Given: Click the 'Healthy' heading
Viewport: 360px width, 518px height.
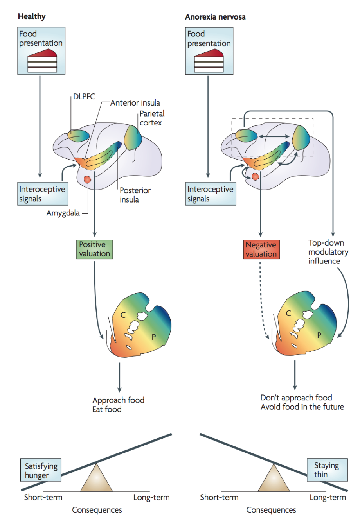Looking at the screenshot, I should point(32,16).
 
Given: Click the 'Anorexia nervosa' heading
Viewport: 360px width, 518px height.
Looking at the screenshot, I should point(215,17).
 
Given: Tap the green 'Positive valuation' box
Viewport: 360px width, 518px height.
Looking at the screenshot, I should point(94,249).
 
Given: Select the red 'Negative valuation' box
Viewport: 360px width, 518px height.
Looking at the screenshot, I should point(261,249).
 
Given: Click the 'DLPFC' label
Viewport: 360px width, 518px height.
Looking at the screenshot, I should point(84,97).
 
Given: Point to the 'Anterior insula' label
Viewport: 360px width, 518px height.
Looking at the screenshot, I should point(135,103).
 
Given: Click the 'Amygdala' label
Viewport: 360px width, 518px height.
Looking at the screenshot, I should point(63,213).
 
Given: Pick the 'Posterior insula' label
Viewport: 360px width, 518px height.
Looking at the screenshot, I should point(135,195).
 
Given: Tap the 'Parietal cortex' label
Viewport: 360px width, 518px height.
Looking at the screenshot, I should point(152,118).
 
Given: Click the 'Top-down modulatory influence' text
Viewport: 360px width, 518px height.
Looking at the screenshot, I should point(328,252).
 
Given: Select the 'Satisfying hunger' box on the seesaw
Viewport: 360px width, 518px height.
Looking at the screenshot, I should point(41,470).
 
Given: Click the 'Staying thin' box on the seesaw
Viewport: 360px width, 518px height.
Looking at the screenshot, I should point(327,470).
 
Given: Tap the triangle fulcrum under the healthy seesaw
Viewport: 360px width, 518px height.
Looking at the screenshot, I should point(96,479).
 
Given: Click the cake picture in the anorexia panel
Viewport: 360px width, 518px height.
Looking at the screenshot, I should point(209,60).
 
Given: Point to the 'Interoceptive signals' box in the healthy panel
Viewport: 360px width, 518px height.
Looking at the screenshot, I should point(42,194).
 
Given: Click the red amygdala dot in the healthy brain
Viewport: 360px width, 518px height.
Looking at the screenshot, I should point(87,179).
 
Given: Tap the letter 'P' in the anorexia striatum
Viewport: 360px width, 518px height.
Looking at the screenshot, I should point(319,335).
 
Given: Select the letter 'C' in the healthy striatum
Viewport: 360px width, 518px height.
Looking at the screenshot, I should point(123,315).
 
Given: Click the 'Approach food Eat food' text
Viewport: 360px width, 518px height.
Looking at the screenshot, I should point(118,405).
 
